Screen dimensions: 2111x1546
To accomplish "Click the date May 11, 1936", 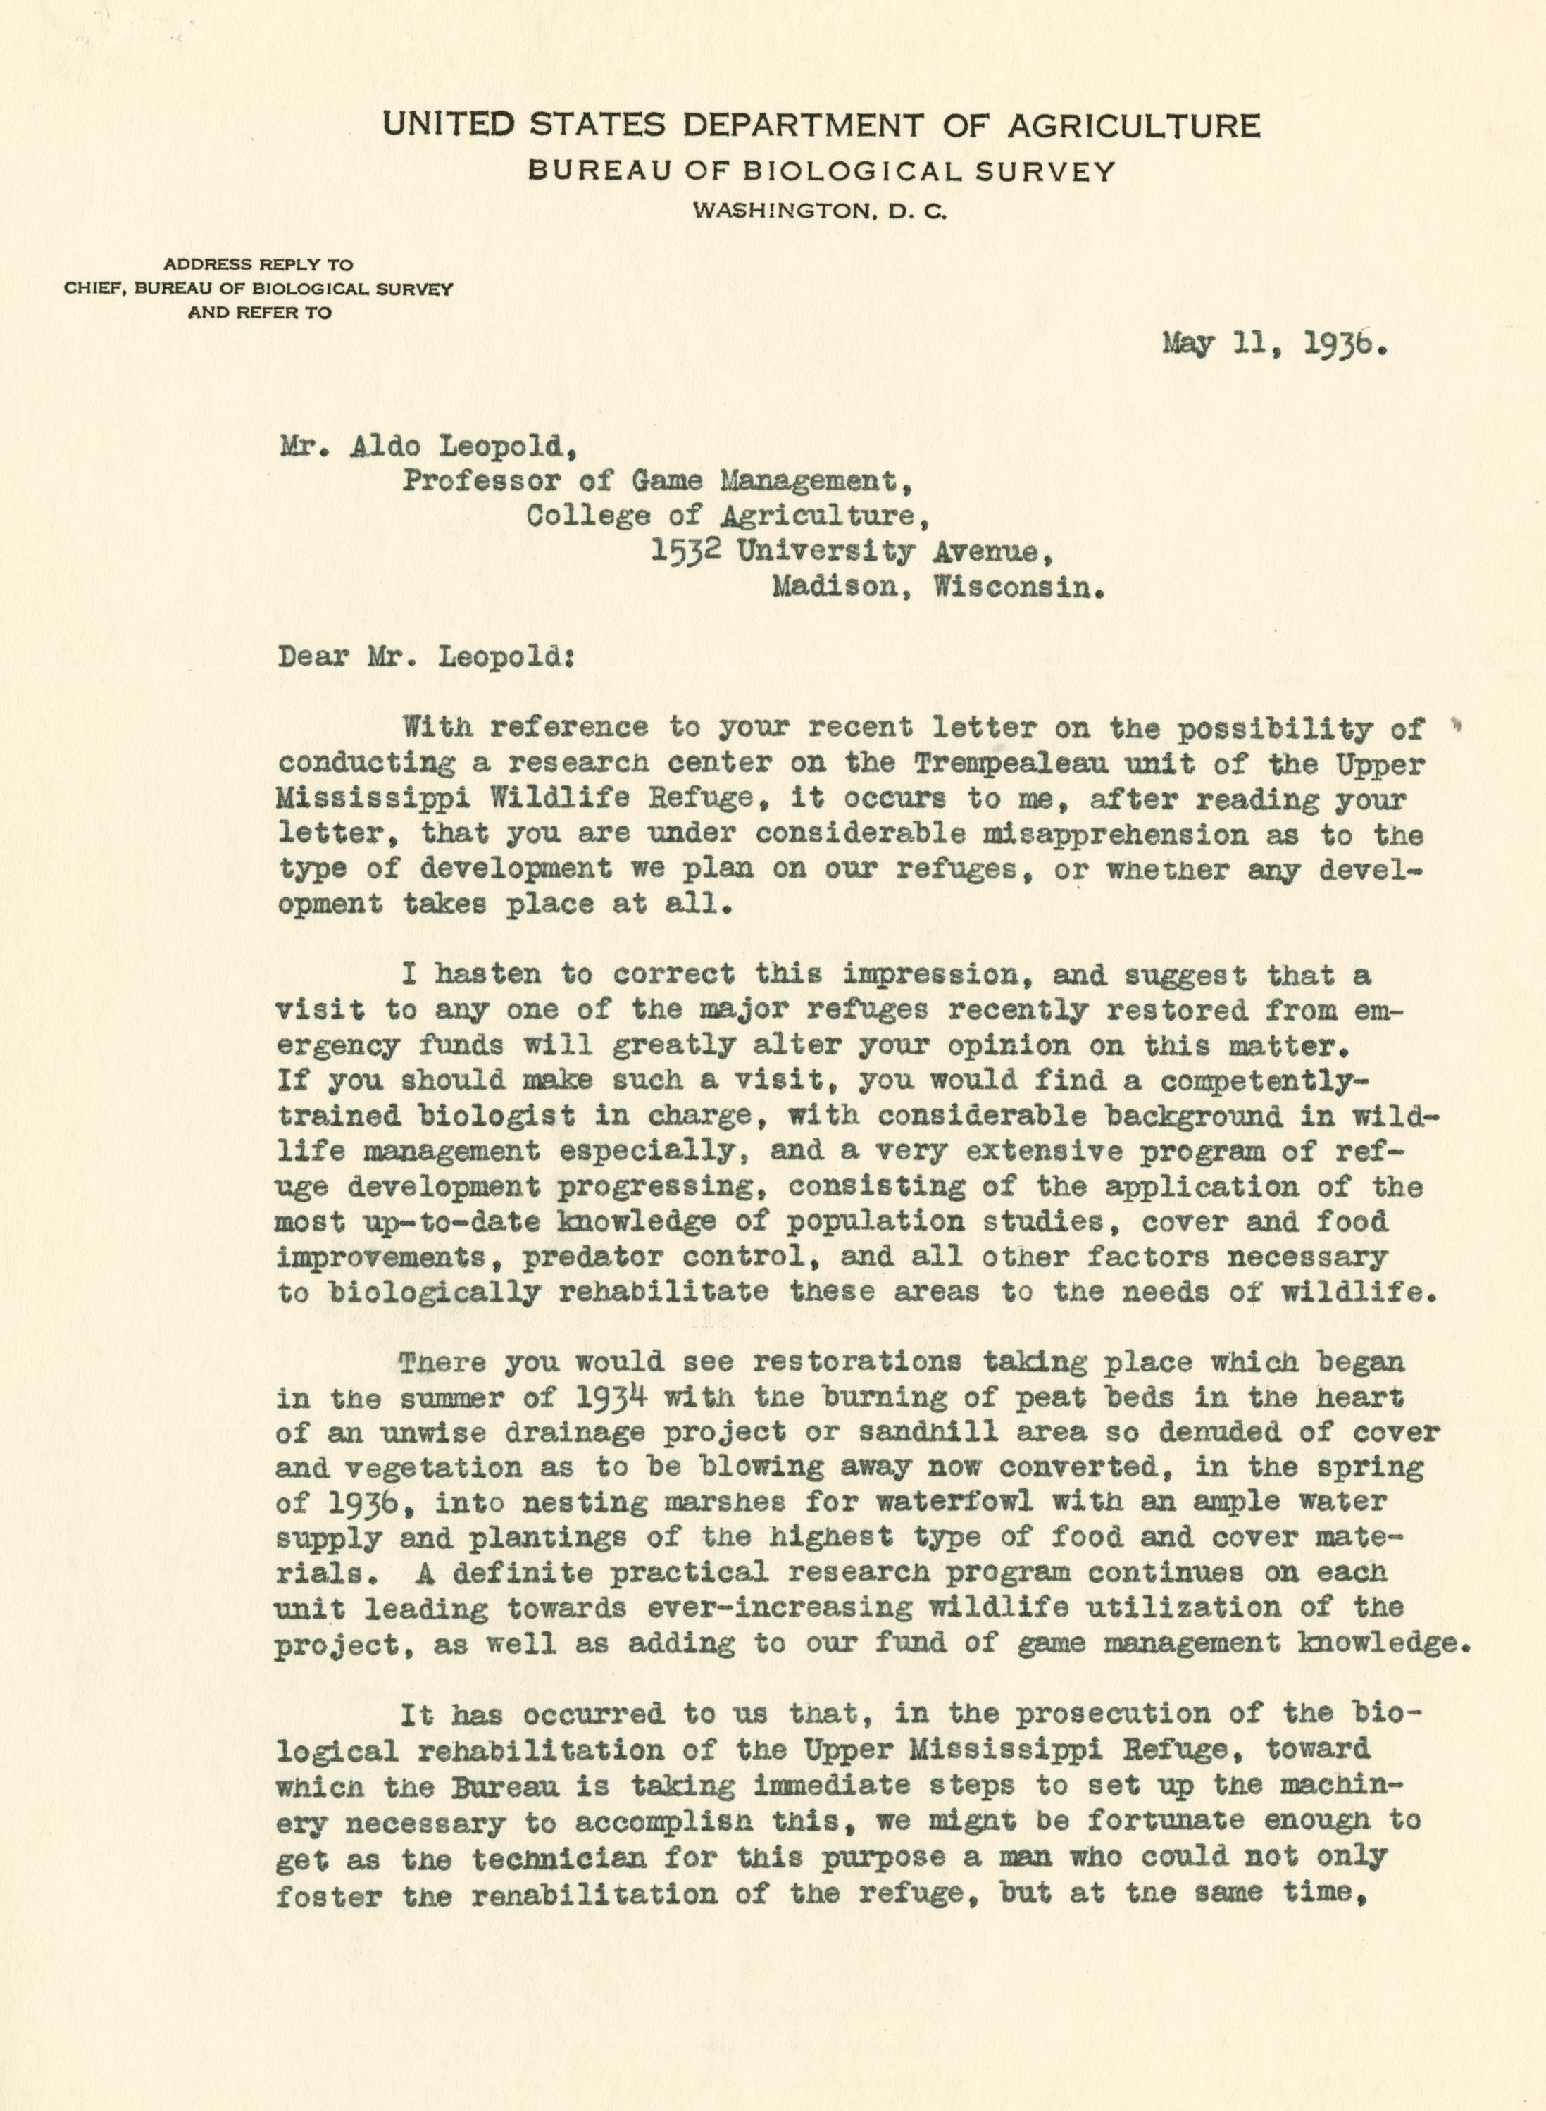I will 1272,345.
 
